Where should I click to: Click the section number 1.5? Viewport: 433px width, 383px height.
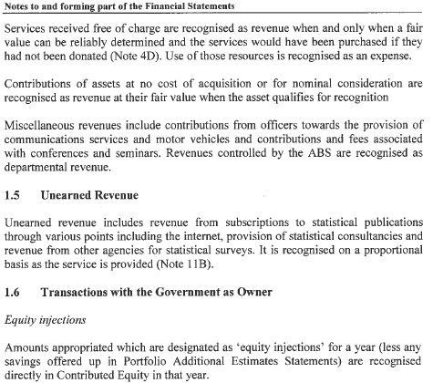[x=14, y=194]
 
